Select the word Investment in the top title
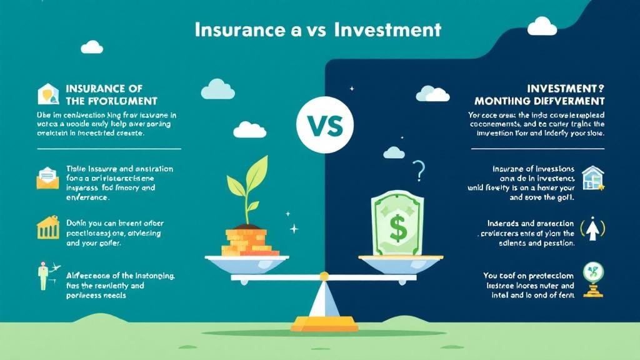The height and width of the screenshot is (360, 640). tap(388, 29)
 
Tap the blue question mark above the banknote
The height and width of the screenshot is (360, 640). tap(419, 169)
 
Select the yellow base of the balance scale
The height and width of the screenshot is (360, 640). tap(325, 324)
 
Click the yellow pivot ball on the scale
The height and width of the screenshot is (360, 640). tap(324, 276)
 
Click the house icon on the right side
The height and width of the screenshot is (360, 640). tap(592, 177)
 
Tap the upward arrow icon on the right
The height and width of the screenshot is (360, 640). tap(591, 229)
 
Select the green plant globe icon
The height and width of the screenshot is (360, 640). tap(591, 279)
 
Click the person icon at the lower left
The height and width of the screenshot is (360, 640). tap(44, 276)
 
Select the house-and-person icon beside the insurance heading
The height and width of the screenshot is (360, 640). tap(47, 94)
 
